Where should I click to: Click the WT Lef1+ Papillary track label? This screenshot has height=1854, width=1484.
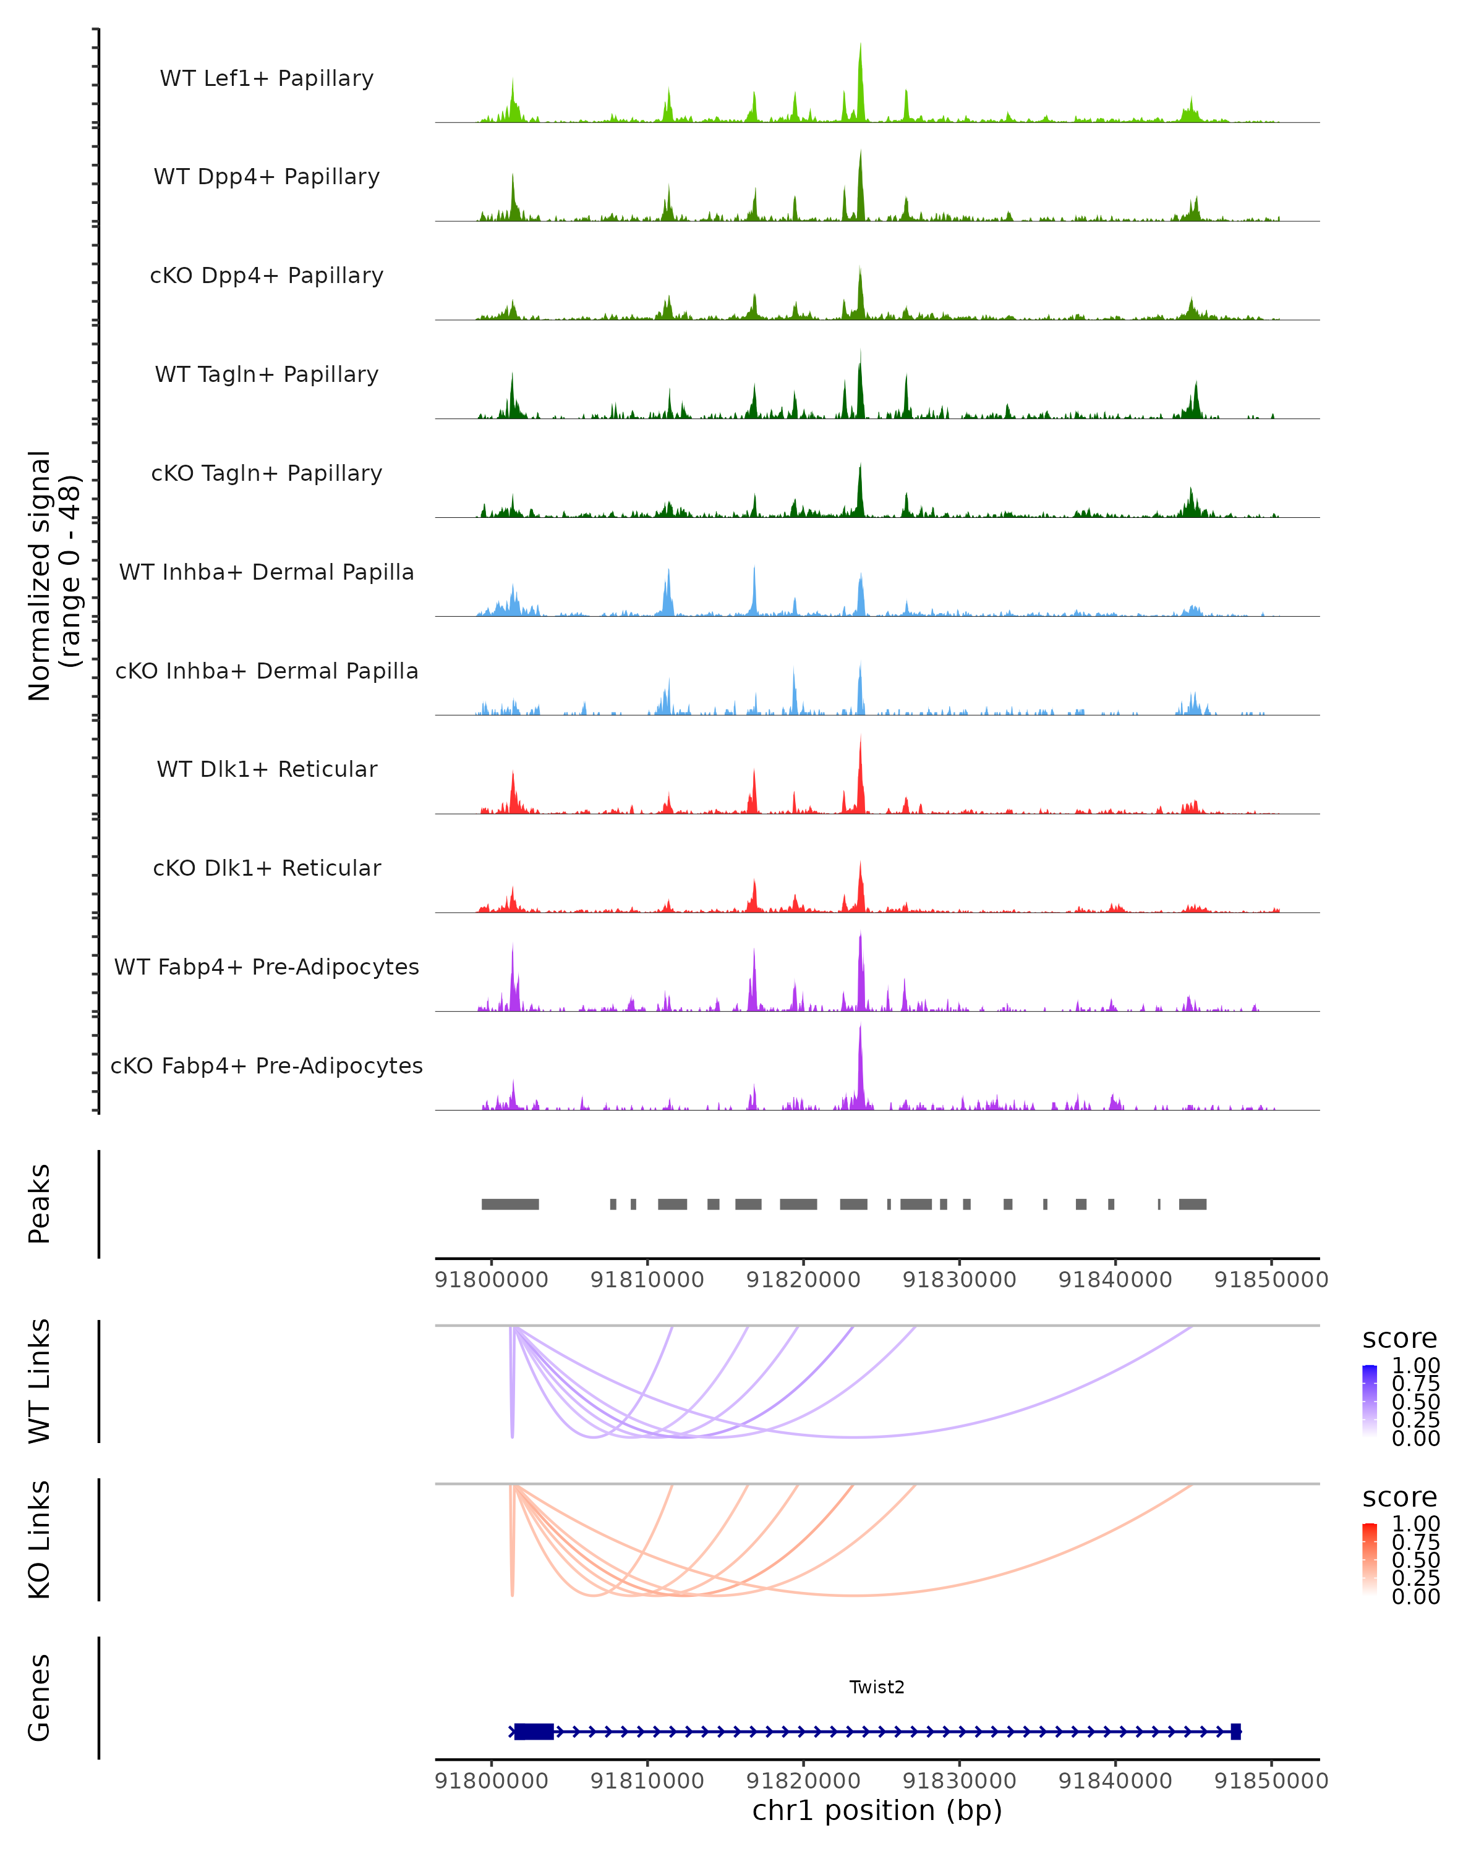click(267, 78)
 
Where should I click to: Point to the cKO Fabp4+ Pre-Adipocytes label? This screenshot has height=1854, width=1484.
click(267, 1065)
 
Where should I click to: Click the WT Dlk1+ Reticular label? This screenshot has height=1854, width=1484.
click(267, 769)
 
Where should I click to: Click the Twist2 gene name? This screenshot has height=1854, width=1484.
click(877, 1687)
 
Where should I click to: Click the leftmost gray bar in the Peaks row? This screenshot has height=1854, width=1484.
click(510, 1204)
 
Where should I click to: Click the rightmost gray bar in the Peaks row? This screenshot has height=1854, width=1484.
click(1192, 1204)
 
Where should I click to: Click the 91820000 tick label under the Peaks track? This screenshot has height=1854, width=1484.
click(803, 1280)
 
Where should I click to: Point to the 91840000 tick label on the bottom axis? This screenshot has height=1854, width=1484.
click(1115, 1781)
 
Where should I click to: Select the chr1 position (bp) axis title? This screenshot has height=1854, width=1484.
click(877, 1810)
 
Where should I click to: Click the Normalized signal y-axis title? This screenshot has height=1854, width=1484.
click(53, 576)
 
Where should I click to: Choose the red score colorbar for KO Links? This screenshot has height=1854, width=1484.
click(1370, 1559)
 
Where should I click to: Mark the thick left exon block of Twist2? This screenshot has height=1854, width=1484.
click(534, 1732)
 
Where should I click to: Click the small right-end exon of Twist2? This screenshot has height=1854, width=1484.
click(1236, 1732)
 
